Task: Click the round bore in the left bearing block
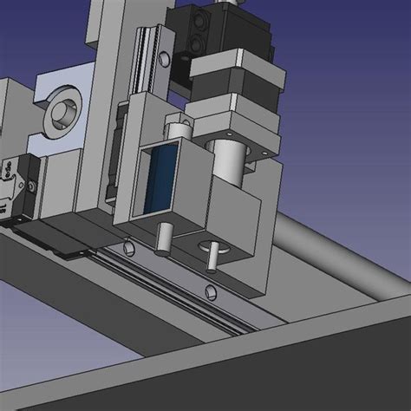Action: tap(64, 112)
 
